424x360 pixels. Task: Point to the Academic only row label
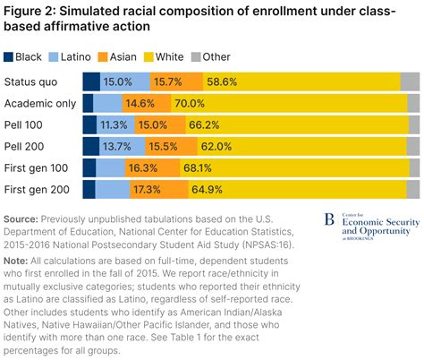coord(40,103)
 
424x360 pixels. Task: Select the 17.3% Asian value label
coord(145,188)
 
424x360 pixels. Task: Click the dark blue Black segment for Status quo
coord(90,81)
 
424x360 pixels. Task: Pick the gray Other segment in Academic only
coord(414,103)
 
